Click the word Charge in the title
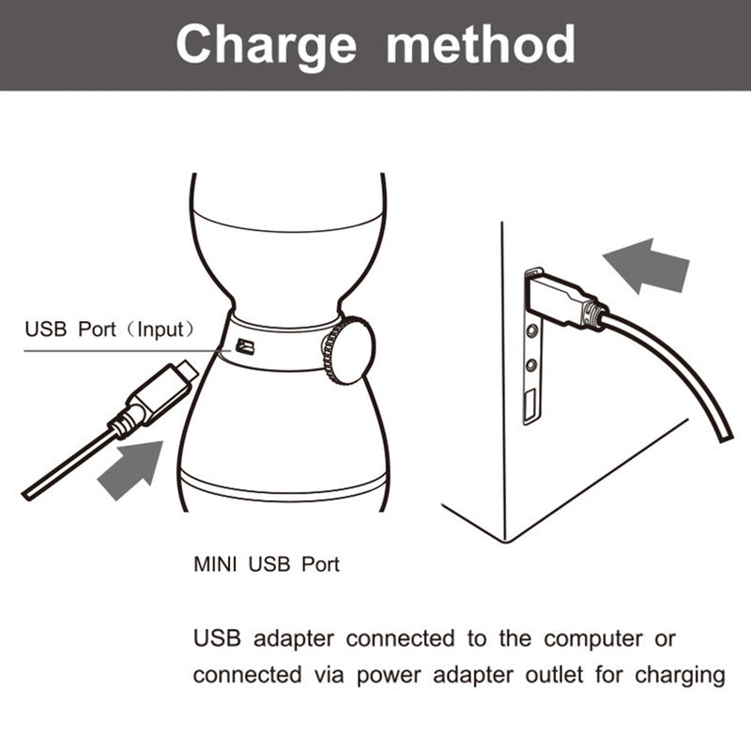pos(267,44)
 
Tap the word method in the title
pos(481,44)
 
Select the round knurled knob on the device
pos(348,351)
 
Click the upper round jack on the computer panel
pos(533,330)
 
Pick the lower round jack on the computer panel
pos(533,364)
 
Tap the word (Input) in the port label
pos(161,330)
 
